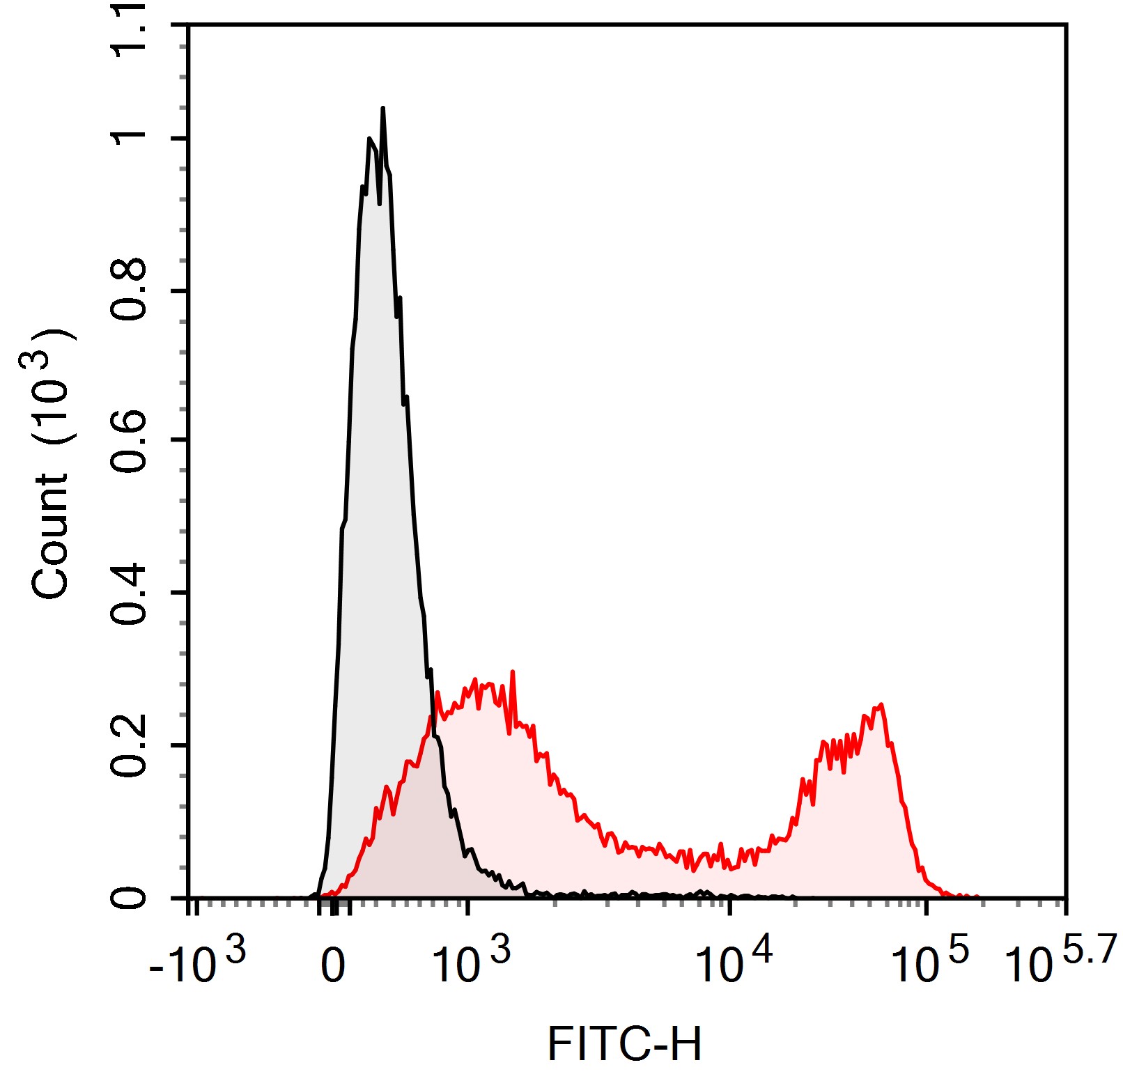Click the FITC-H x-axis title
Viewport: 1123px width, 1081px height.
(x=624, y=1043)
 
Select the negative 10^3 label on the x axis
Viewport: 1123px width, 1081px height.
(x=197, y=963)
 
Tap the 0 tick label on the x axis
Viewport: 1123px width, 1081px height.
(x=333, y=967)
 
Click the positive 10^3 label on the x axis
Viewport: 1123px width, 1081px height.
(x=471, y=963)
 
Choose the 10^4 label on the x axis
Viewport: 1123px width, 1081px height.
(x=734, y=963)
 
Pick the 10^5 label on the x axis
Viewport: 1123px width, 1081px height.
(x=929, y=963)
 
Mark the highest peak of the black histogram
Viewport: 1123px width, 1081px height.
(x=382, y=109)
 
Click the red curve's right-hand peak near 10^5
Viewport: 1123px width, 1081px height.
(x=881, y=705)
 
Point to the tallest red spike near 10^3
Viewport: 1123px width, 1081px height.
(x=513, y=672)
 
